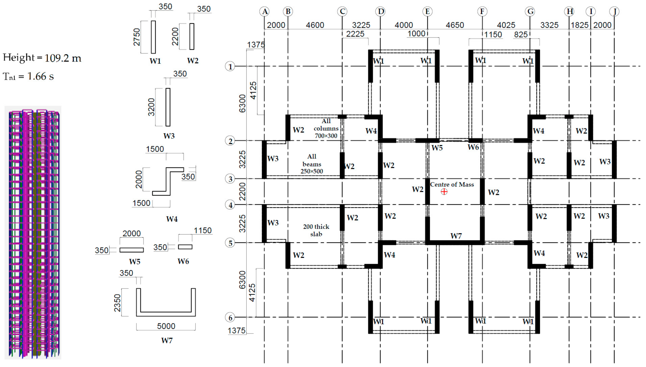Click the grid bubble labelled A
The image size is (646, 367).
click(x=264, y=11)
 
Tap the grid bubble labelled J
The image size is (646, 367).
click(x=614, y=11)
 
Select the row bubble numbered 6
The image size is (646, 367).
click(x=230, y=318)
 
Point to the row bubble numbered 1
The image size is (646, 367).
click(x=230, y=67)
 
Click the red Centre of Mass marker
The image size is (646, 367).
click(x=444, y=192)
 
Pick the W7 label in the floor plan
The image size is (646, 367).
click(x=456, y=236)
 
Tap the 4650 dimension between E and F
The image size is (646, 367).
click(x=455, y=25)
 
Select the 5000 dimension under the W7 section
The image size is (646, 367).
click(x=166, y=326)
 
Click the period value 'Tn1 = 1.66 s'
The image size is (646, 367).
click(x=28, y=76)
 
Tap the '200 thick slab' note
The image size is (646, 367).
click(x=316, y=230)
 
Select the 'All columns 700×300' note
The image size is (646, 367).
click(x=326, y=128)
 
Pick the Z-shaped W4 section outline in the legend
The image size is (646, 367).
click(x=168, y=181)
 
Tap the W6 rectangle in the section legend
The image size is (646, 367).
click(x=185, y=247)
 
